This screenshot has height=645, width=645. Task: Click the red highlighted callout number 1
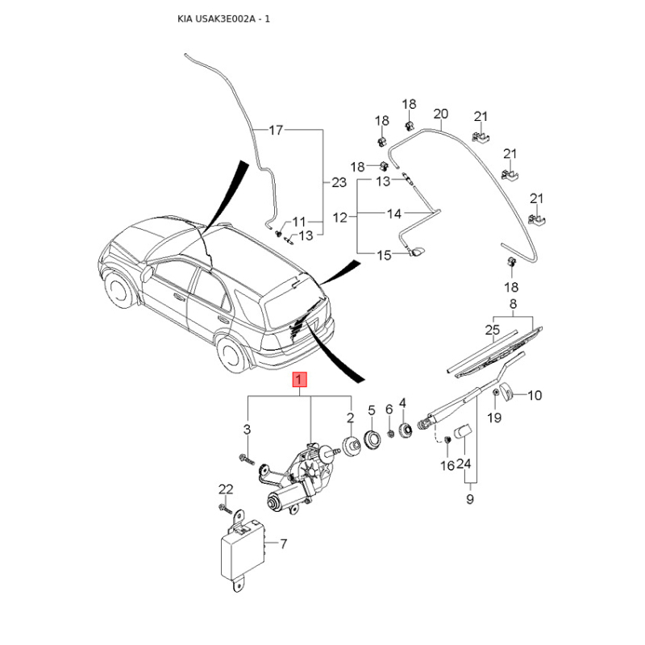pos(299,379)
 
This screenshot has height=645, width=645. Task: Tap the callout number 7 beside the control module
pos(284,543)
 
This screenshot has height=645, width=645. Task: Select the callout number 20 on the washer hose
pos(440,114)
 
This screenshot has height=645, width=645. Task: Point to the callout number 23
pos(339,182)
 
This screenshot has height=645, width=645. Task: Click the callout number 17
pos(276,130)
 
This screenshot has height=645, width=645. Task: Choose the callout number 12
pos(340,217)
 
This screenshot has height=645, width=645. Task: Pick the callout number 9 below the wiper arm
pos(470,499)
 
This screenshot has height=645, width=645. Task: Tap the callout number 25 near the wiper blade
pos(493,330)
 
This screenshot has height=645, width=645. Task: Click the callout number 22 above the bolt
pos(226,489)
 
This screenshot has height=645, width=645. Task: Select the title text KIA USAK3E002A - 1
pos(224,19)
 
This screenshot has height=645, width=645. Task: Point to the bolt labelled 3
pos(247,459)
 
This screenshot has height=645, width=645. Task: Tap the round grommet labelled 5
pos(372,439)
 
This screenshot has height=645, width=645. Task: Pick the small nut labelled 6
pos(390,433)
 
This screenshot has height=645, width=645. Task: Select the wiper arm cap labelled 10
pos(506,390)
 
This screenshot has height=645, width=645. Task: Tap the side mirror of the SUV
pos(148,273)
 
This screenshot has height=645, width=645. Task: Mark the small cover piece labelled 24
pos(462,431)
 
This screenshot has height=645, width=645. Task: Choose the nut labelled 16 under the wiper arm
pos(448,439)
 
